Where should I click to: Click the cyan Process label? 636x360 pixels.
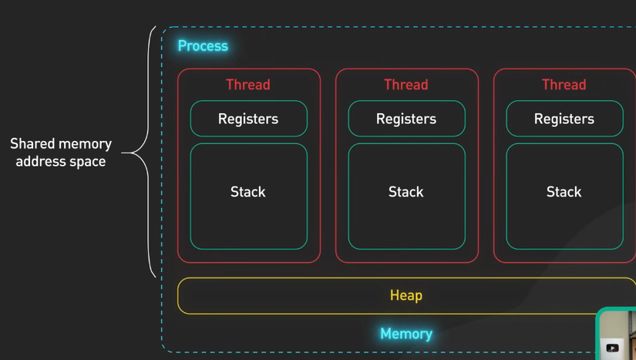(203, 46)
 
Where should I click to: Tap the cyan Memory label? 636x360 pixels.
(406, 334)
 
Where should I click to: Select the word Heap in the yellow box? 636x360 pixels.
(406, 295)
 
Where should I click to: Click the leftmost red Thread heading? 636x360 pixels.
(248, 85)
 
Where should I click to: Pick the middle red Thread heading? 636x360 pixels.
(406, 85)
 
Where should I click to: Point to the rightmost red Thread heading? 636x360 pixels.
(564, 85)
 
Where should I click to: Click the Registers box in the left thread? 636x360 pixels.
(248, 119)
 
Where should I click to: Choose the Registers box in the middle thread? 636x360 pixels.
(406, 119)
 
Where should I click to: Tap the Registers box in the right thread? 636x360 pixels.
(564, 119)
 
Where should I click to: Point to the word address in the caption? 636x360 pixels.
(42, 162)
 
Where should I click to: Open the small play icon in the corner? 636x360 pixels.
(612, 348)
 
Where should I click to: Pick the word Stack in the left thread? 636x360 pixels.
(248, 192)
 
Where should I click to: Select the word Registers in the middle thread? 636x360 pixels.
(406, 119)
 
